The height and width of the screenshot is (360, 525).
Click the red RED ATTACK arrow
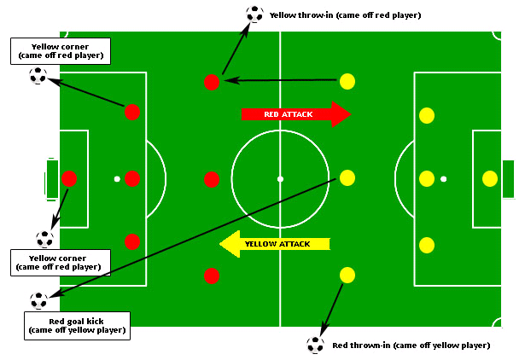[296, 114]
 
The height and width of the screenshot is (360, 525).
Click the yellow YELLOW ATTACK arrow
[275, 244]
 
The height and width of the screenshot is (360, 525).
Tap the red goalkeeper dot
[69, 178]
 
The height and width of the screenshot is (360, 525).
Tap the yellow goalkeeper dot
[490, 178]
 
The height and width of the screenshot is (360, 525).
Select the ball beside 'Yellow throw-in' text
[254, 14]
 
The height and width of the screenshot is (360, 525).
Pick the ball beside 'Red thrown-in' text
[315, 345]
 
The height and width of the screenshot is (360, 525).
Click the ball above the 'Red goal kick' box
[38, 300]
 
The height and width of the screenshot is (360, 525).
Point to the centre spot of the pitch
[280, 179]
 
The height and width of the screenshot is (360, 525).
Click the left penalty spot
[117, 179]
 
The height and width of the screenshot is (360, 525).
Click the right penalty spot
[443, 179]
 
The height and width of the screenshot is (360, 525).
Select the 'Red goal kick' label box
[77, 326]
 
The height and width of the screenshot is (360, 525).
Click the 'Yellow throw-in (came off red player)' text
[345, 15]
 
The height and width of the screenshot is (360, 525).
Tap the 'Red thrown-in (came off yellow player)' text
[411, 345]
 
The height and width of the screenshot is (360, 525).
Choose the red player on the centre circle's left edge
[212, 179]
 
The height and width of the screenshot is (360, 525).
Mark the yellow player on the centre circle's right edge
[347, 177]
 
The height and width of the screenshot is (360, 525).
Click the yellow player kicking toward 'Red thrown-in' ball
[347, 275]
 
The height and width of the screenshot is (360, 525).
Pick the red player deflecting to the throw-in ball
[212, 82]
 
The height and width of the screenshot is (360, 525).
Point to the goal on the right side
[508, 179]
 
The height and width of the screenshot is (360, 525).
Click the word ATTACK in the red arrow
[297, 114]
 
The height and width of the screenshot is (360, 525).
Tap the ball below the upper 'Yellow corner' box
[38, 75]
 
